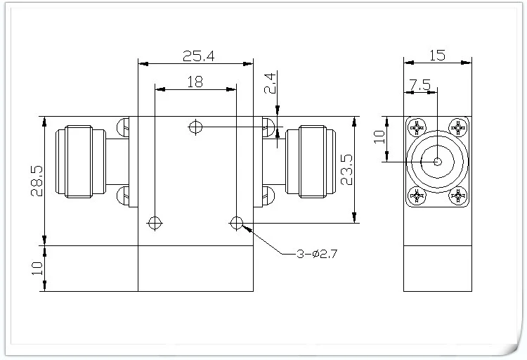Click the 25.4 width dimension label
click(x=195, y=54)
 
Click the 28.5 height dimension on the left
click(x=35, y=181)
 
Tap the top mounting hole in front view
click(x=195, y=127)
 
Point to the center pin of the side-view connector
click(x=437, y=162)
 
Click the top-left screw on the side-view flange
click(x=415, y=128)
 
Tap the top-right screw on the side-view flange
click(x=460, y=128)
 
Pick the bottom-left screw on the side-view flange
click(x=415, y=196)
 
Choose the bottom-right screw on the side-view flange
click(x=460, y=196)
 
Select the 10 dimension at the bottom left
click(x=35, y=268)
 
